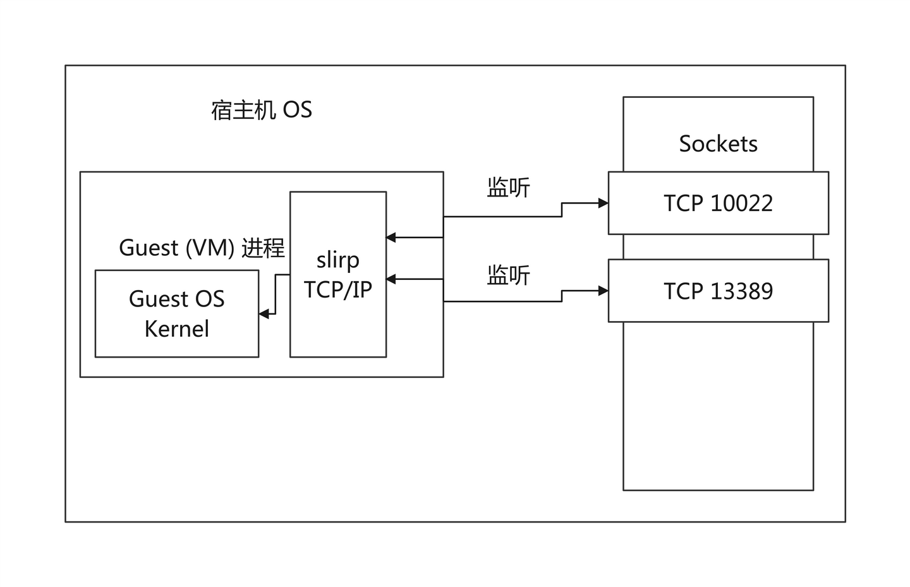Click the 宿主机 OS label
(x=261, y=110)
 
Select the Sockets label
(x=718, y=144)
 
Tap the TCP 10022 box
(x=718, y=203)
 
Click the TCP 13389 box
(x=718, y=291)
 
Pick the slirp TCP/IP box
(x=338, y=274)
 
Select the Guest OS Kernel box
(x=177, y=313)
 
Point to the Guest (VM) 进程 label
(x=202, y=248)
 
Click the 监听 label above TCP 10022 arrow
(x=508, y=188)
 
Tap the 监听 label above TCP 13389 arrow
(x=508, y=275)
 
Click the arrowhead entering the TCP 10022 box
(x=604, y=203)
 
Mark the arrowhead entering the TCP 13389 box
(x=604, y=291)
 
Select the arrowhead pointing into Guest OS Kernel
(x=264, y=313)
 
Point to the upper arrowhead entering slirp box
(x=391, y=238)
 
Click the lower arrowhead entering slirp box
(x=391, y=279)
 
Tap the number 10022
(x=741, y=203)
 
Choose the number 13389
(x=741, y=291)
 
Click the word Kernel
(x=177, y=329)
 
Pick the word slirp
(x=338, y=260)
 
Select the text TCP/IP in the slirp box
(x=338, y=289)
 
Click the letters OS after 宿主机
(x=297, y=110)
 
